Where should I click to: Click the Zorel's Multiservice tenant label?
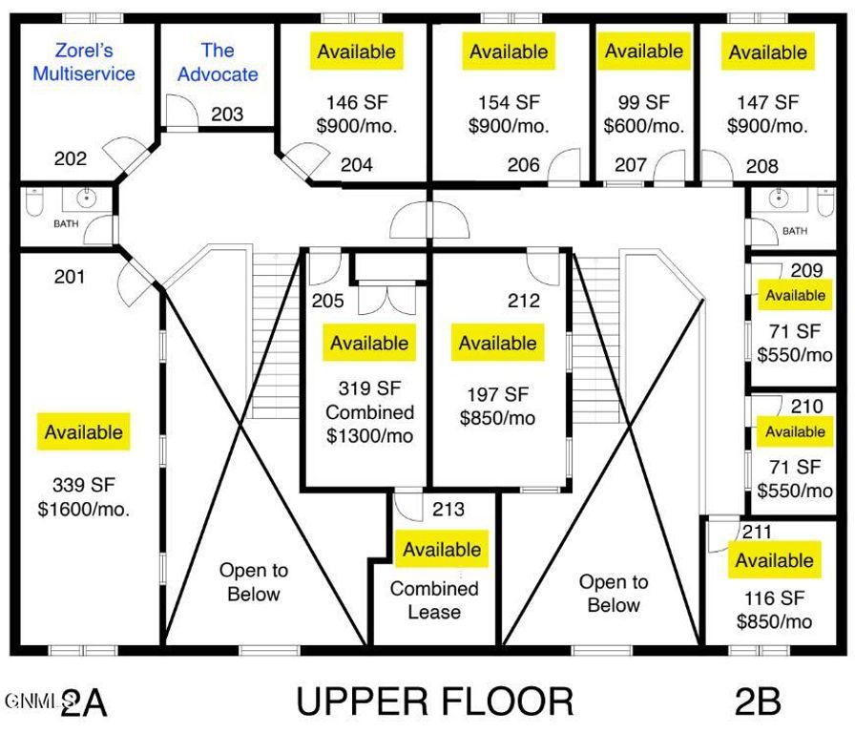click(83, 61)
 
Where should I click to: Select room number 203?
click(227, 115)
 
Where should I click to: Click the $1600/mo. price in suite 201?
click(84, 509)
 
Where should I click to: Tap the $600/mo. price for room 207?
click(644, 125)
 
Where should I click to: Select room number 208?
click(761, 166)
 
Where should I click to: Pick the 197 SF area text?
click(497, 394)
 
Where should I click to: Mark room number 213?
click(448, 509)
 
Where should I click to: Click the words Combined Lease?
click(434, 600)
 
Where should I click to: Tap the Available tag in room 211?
click(774, 560)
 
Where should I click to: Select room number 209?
click(806, 270)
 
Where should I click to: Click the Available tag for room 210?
click(795, 431)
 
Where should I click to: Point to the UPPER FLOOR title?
click(434, 702)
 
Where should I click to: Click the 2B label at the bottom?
click(758, 702)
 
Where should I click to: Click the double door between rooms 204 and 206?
click(431, 221)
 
